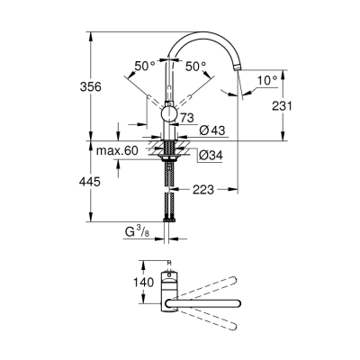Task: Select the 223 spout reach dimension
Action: pos(203,190)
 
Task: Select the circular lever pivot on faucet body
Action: pos(168,113)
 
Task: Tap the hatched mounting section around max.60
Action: pos(169,148)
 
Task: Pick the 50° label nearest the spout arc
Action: pos(196,66)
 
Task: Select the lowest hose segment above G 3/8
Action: pos(169,216)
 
